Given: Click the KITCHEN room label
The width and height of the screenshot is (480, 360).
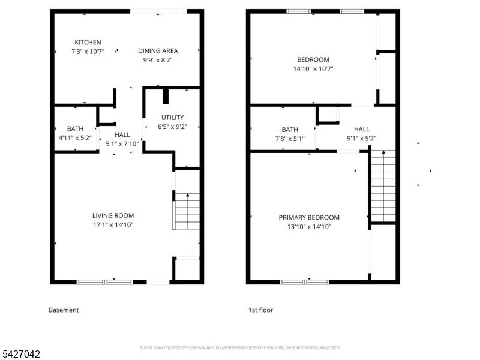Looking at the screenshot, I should (x=88, y=42).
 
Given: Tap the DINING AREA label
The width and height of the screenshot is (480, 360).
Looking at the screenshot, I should (x=158, y=51).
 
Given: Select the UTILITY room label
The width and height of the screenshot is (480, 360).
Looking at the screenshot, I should (x=172, y=118).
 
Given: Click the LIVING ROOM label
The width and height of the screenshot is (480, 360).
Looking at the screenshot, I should (x=113, y=215).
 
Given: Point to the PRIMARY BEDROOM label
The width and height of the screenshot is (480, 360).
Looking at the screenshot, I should (x=309, y=217).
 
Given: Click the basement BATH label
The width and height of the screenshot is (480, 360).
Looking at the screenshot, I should (x=75, y=128).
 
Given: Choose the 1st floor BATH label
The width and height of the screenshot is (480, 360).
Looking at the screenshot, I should (x=290, y=130).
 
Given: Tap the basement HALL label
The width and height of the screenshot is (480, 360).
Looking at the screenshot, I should (x=122, y=135).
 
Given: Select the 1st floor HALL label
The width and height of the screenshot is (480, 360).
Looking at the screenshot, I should (x=362, y=129).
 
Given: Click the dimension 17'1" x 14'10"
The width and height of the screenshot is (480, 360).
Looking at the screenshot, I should (x=113, y=225).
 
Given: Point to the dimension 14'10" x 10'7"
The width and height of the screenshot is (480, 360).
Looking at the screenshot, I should (x=313, y=69).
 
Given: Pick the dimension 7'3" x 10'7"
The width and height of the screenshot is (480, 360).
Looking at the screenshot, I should (x=88, y=52).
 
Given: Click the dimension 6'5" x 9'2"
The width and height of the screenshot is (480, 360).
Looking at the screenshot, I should (x=172, y=127).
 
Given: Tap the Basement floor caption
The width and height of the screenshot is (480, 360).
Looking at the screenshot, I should (x=64, y=310).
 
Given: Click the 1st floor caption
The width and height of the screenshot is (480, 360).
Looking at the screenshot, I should (x=260, y=310).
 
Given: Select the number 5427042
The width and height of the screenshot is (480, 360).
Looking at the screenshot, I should (x=20, y=355).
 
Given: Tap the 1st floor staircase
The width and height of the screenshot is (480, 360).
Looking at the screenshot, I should (x=383, y=186).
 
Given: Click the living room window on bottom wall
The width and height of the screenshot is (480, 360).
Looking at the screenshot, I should (x=105, y=281).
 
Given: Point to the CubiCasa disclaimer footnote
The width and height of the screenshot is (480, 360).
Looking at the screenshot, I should (x=240, y=347).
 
